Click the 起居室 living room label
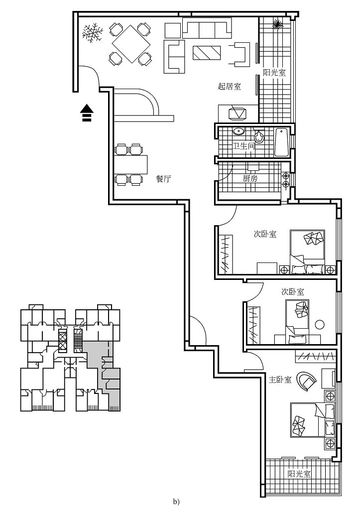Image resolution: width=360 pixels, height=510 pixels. click(x=230, y=86)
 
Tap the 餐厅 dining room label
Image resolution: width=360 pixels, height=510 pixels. click(x=163, y=179)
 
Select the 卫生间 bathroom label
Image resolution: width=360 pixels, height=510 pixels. click(x=244, y=146)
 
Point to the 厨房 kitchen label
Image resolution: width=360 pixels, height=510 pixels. click(x=250, y=178)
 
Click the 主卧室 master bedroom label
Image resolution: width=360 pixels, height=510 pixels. click(x=279, y=380)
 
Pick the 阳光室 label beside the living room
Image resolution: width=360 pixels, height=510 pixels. click(x=274, y=72)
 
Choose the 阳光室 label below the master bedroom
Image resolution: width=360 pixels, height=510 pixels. click(x=299, y=474)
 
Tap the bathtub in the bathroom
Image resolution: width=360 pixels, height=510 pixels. click(x=281, y=142)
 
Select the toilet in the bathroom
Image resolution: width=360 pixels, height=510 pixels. click(x=259, y=136)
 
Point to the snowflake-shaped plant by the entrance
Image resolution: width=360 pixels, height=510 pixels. click(x=93, y=34)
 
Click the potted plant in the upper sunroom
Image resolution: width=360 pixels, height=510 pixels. click(x=278, y=23)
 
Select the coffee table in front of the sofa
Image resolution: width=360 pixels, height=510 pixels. click(x=206, y=52)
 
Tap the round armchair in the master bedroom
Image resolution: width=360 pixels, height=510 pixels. click(x=306, y=382)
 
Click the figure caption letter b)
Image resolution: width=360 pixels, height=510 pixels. click(x=176, y=502)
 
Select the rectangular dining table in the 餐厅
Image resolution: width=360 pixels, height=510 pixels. click(x=131, y=164)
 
